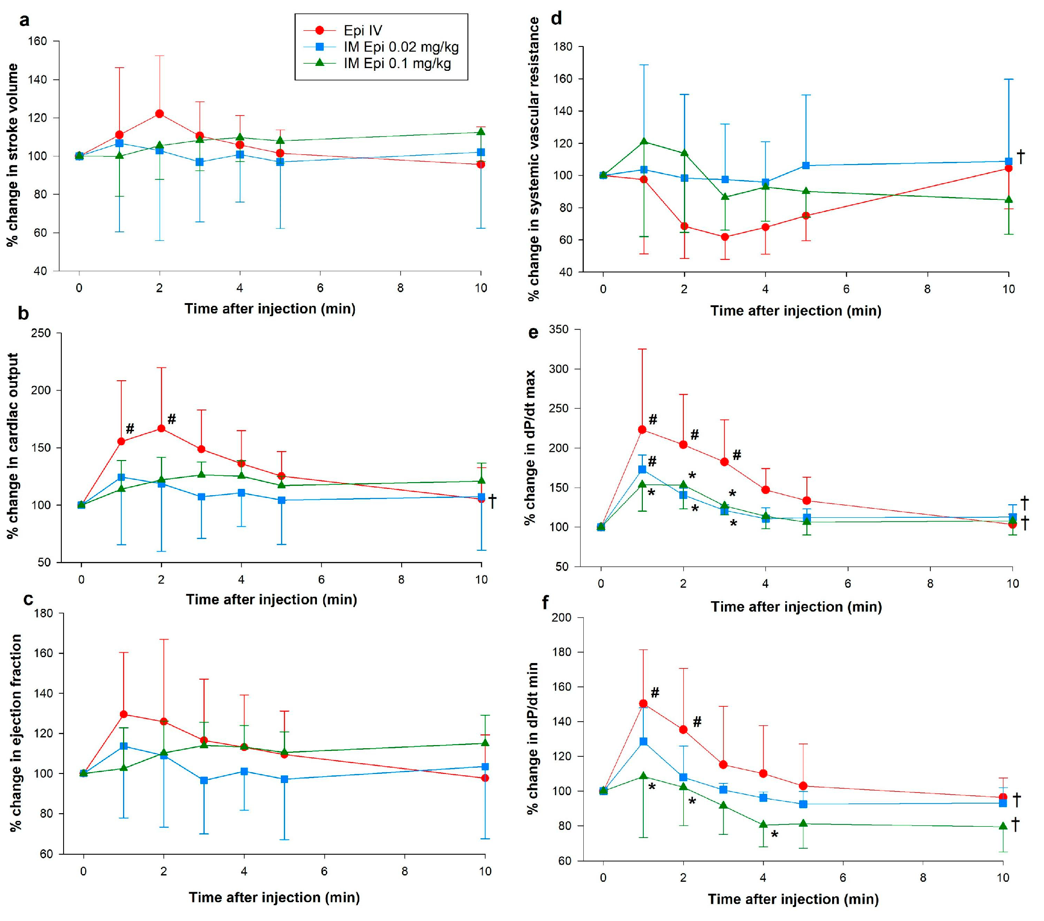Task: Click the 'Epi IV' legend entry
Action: (362, 31)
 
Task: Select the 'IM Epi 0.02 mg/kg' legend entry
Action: (400, 47)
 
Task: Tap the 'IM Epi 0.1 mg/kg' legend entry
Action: (397, 64)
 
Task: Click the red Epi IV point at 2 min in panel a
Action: (160, 114)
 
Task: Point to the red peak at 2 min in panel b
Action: (161, 428)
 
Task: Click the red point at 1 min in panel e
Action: (642, 429)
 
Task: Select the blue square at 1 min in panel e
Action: (642, 469)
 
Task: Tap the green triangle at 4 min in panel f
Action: (763, 824)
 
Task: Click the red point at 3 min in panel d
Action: (725, 237)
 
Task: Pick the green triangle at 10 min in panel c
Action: (485, 743)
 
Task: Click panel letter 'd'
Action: (556, 18)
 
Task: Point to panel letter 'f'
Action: (545, 603)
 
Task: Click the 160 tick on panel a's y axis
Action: (40, 41)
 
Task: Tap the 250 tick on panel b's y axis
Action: (41, 333)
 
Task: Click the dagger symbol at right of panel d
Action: (1021, 157)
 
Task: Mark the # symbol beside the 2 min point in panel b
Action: (172, 419)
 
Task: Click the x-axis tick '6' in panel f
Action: (843, 878)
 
